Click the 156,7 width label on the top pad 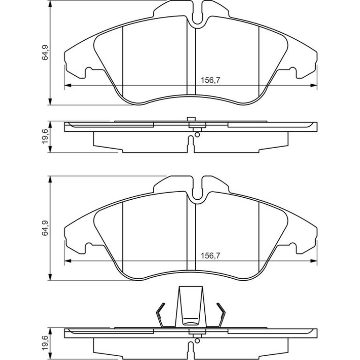click(210, 80)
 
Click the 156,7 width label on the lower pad click(210, 256)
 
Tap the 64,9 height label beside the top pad click(45, 52)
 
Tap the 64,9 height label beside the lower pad click(45, 228)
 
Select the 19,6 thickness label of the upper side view click(45, 137)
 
